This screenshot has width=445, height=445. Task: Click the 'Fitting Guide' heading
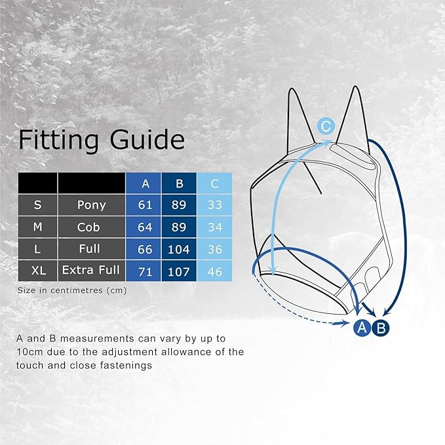tap(102, 140)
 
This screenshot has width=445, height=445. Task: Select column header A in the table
tap(145, 183)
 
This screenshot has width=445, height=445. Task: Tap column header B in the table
tap(178, 183)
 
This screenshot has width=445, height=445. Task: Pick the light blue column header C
tap(214, 183)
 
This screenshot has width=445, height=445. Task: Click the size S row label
tap(37, 204)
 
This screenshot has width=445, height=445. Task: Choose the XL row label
tap(37, 269)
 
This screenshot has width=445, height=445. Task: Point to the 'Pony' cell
tap(91, 204)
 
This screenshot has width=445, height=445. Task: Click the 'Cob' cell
tap(91, 227)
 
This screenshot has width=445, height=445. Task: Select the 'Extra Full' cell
tap(91, 269)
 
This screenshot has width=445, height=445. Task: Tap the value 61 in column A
tap(145, 205)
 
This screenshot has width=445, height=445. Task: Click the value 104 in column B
tap(178, 249)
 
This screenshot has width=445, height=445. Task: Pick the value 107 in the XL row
tap(178, 270)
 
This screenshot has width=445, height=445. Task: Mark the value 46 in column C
tap(214, 270)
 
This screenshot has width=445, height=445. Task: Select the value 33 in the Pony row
tap(214, 205)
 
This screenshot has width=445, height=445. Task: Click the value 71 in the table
tap(145, 270)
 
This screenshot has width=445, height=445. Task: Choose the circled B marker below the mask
tap(381, 328)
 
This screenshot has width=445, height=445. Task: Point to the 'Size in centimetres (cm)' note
tap(72, 290)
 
